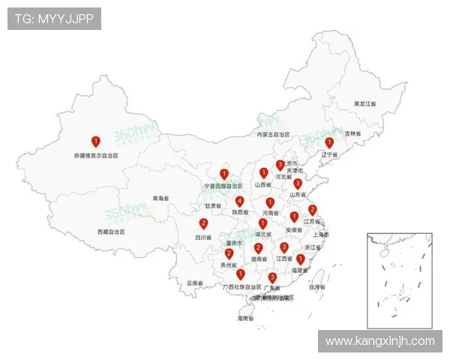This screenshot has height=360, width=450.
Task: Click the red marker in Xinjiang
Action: (95, 141)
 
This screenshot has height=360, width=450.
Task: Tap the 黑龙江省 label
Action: (365, 103)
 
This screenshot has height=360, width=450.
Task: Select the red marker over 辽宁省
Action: (328, 142)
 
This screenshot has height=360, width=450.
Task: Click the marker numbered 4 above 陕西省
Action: (239, 201)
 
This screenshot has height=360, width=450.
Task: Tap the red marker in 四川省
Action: (203, 223)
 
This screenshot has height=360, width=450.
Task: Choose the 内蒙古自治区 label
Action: (272, 135)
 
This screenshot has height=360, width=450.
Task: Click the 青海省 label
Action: (161, 199)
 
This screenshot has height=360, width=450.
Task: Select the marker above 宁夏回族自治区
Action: (223, 174)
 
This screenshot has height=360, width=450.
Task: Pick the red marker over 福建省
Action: (300, 259)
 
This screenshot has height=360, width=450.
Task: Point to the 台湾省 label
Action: (317, 287)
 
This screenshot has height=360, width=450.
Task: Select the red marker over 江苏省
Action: (313, 210)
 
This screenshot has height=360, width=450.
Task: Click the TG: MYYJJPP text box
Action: (54, 19)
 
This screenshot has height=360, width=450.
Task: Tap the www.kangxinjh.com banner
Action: (379, 341)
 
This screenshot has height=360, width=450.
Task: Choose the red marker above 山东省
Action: (298, 184)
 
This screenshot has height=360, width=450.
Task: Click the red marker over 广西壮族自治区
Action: (240, 274)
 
